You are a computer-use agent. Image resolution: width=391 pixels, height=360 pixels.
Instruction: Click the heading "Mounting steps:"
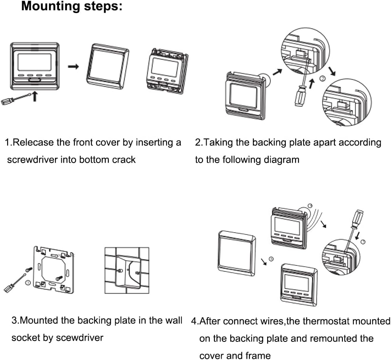point(72,6)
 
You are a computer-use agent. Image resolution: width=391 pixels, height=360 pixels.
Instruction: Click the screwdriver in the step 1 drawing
point(16,99)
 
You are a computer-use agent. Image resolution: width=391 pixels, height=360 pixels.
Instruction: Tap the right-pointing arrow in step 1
point(73,66)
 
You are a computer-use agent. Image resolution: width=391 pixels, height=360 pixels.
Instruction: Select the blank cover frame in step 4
point(237,254)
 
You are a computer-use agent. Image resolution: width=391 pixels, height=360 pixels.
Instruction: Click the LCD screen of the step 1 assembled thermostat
point(34,62)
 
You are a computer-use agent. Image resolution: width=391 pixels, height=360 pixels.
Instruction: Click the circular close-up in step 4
point(341,258)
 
